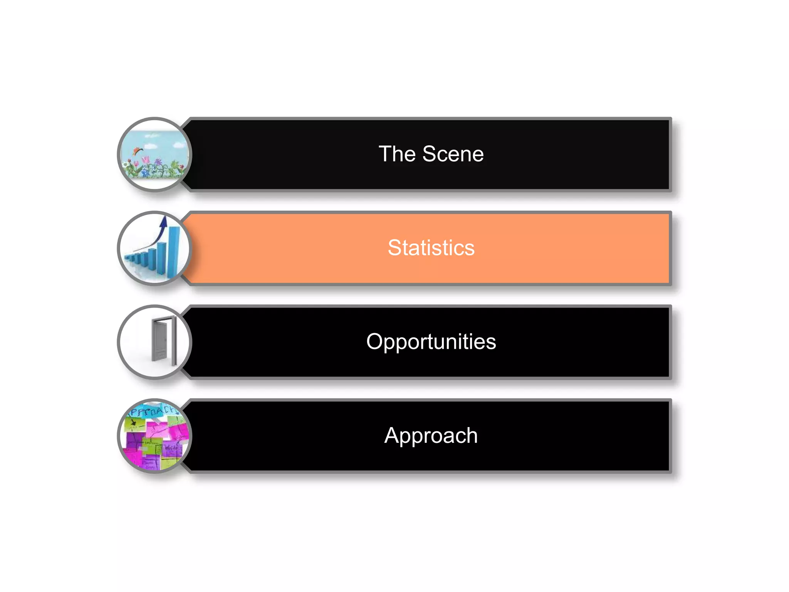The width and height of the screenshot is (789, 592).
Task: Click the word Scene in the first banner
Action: pyautogui.click(x=453, y=154)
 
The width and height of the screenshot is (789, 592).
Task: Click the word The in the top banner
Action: pyautogui.click(x=397, y=154)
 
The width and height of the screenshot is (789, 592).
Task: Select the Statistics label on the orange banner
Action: pyautogui.click(x=431, y=248)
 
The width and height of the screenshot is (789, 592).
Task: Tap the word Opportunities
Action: pyautogui.click(x=431, y=342)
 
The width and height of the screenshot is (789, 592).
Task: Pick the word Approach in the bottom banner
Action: pyautogui.click(x=431, y=436)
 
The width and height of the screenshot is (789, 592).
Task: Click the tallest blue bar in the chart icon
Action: pyautogui.click(x=173, y=251)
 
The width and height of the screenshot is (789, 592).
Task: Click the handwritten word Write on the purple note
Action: pyautogui.click(x=171, y=447)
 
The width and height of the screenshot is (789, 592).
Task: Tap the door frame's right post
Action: pyautogui.click(x=174, y=341)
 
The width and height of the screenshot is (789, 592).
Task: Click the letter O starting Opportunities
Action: pyautogui.click(x=374, y=342)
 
